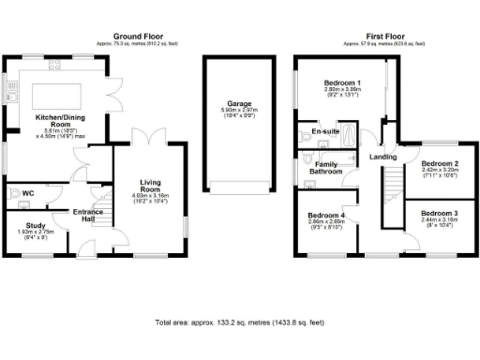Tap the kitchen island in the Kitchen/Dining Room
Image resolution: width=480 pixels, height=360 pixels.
(55, 96)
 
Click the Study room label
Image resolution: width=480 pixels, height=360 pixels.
(36, 226)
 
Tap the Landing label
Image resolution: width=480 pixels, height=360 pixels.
(382, 157)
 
